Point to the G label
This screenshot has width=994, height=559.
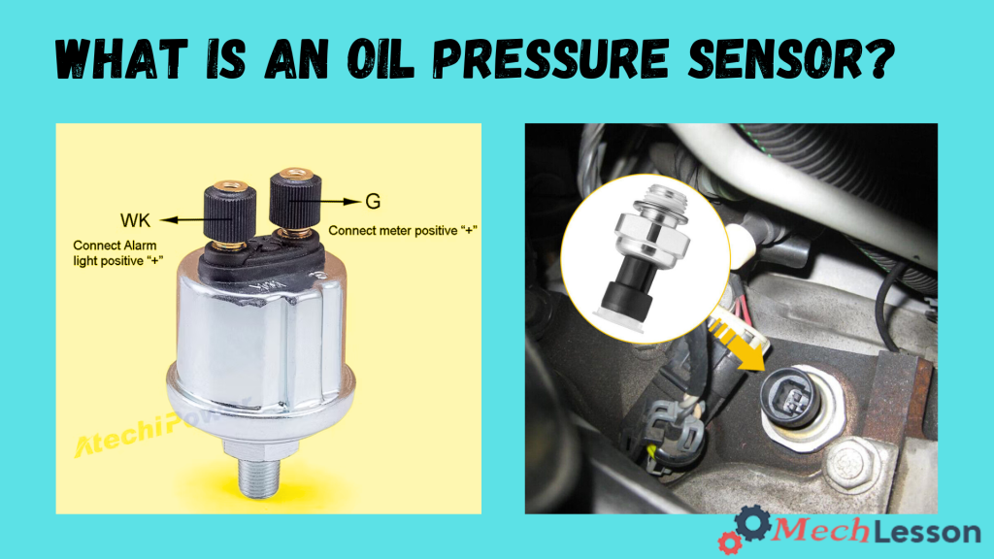pyautogui.click(x=373, y=202)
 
